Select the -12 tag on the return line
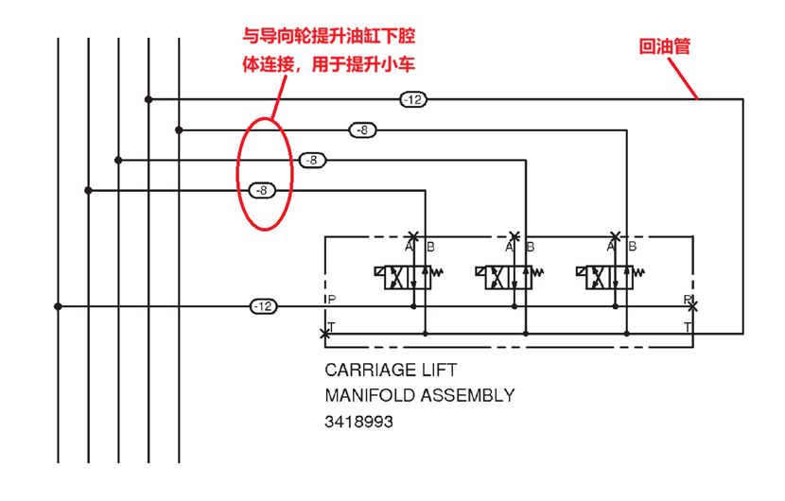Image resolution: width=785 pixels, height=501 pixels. pos(413,99)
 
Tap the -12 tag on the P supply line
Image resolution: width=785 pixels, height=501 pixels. pos(263,306)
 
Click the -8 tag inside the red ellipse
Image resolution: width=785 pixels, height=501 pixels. pos(263,190)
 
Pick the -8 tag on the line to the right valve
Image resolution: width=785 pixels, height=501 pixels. pos(362,130)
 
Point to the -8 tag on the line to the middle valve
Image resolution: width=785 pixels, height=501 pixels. pos(312,161)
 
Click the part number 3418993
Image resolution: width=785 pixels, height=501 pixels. pos(358,422)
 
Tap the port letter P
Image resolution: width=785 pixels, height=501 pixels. pos(331,300)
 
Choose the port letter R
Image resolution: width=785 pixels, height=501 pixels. pos(688,300)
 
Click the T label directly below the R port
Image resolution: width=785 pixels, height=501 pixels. pos(689,326)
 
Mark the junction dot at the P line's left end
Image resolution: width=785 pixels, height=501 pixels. pos(59,306)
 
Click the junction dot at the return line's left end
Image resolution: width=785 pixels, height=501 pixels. pos(148,99)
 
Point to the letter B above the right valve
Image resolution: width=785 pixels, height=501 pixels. pos(632,247)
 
